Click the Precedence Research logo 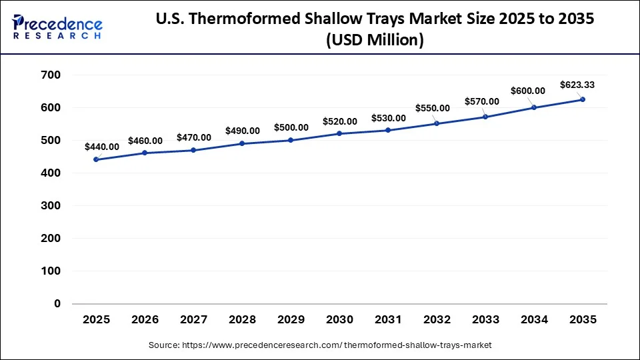click(57, 27)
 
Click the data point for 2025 click(96, 159)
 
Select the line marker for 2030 click(339, 133)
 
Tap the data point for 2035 click(583, 99)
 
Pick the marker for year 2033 click(485, 117)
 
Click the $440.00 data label click(102, 147)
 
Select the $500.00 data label click(291, 127)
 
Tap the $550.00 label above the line click(432, 108)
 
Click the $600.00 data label click(528, 91)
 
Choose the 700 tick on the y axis click(51, 75)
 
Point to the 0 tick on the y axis click(57, 304)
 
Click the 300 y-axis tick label click(51, 206)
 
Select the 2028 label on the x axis click(242, 320)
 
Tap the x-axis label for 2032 click(437, 320)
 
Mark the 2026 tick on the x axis click(145, 320)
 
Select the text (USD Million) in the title click(375, 40)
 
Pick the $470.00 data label click(194, 137)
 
